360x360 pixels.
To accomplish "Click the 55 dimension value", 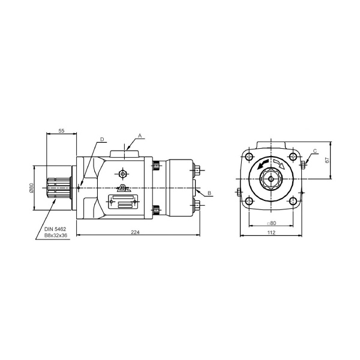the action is click(61, 131).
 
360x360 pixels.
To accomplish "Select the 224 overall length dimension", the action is click(135, 232).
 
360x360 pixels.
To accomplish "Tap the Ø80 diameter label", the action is click(31, 188).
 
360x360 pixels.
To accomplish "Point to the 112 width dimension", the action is click(271, 233).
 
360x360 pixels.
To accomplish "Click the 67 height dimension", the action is click(327, 160).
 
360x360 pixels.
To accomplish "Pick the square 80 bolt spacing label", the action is click(271, 223).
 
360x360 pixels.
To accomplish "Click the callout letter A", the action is click(140, 136).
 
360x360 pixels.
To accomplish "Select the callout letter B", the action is click(209, 193).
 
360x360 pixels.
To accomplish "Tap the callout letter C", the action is click(315, 151).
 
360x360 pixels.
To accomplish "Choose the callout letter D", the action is click(102, 139).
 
